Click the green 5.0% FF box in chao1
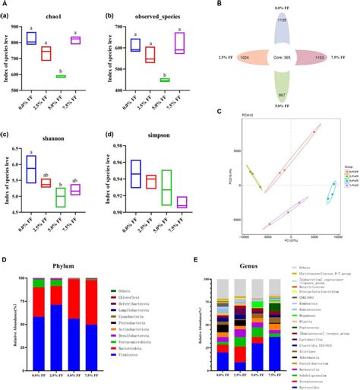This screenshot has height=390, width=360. pyautogui.click(x=60, y=76)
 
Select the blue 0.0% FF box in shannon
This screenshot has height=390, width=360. pyautogui.click(x=30, y=168)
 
